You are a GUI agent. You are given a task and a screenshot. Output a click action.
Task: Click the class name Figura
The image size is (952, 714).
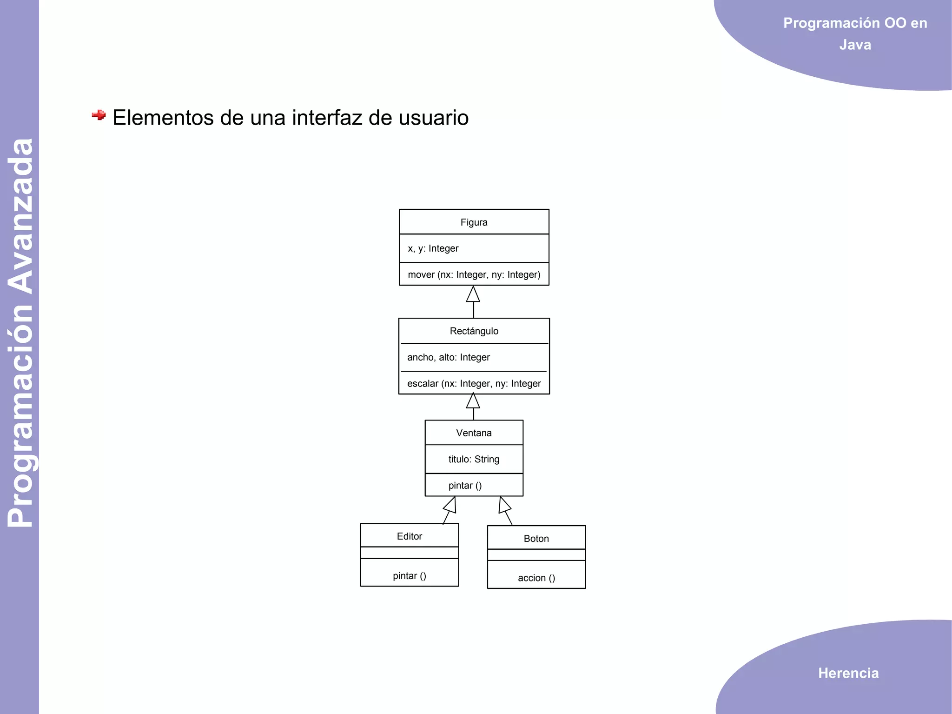[x=474, y=222]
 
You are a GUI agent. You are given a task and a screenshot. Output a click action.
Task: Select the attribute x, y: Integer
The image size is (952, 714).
[x=433, y=248]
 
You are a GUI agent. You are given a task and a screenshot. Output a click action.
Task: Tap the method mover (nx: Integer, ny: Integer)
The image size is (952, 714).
[x=474, y=274]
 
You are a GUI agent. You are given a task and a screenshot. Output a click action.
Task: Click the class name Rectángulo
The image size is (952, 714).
[x=474, y=331]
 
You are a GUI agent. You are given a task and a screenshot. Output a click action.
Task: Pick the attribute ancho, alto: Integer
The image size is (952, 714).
[x=448, y=357]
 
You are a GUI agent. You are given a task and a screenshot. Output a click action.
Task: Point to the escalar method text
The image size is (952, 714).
[x=474, y=384]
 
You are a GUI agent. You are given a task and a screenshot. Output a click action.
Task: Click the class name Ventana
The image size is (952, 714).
[x=474, y=433]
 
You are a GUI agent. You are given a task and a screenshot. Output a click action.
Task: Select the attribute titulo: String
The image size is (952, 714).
[x=474, y=459]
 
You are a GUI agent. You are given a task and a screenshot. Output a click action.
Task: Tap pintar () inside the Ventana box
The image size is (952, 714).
[x=465, y=486]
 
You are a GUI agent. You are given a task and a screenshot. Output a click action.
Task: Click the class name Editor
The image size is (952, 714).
[x=409, y=536]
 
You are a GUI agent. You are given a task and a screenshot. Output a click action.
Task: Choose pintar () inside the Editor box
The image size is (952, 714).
[x=409, y=576]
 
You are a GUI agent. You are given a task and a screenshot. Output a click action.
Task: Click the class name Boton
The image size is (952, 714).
[x=536, y=539]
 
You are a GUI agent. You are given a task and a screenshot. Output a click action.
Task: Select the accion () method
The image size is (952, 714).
[x=536, y=578]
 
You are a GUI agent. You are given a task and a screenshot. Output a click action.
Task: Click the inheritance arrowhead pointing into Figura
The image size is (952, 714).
[x=473, y=295]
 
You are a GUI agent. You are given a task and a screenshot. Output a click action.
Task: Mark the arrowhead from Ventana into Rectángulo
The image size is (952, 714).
[x=473, y=401]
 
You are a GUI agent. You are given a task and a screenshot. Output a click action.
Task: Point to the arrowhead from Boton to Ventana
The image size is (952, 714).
[x=504, y=506]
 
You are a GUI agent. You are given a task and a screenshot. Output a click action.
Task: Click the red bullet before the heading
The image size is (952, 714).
[x=99, y=115]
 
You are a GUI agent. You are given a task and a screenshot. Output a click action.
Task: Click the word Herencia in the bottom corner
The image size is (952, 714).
[x=848, y=673]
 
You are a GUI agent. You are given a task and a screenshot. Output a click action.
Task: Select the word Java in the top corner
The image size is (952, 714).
[x=855, y=45]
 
